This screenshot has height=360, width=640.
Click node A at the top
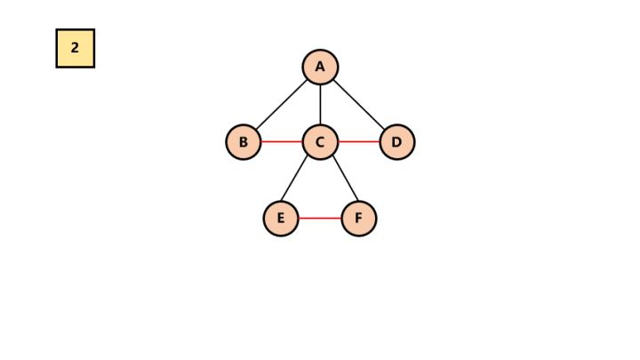coord(320,67)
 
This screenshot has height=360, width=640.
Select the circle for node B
coord(244,142)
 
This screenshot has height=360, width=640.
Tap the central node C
coord(320,142)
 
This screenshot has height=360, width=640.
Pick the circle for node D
coord(396,142)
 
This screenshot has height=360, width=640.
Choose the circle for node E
coord(281,218)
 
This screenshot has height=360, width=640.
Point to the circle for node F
coord(358,218)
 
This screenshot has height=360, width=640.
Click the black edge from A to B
coord(282,105)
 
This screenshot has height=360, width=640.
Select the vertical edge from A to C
coord(320,104)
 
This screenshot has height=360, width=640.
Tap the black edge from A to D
coord(358,105)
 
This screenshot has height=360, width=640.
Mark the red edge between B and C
coord(282,142)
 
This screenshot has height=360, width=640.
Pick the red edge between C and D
coord(358,142)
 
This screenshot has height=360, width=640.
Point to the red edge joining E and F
coord(320,218)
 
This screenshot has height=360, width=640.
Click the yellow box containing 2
coord(76,48)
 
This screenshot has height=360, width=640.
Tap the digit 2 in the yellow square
coord(76,48)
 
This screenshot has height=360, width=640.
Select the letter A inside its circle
coord(320,67)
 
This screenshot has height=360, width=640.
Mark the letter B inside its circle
coord(244,142)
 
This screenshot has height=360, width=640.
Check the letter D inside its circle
coord(396,142)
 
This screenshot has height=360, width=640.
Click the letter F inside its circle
coord(358,218)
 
